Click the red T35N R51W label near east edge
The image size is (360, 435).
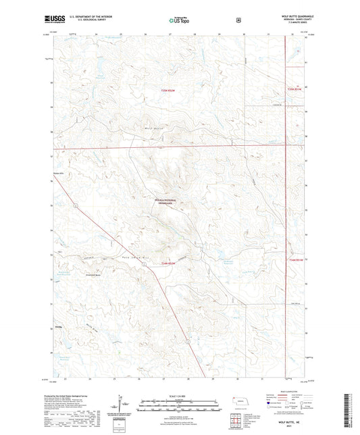(293, 88)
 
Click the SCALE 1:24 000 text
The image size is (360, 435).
(178, 394)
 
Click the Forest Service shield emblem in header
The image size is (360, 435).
(237, 20)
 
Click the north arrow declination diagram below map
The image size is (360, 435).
(122, 407)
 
